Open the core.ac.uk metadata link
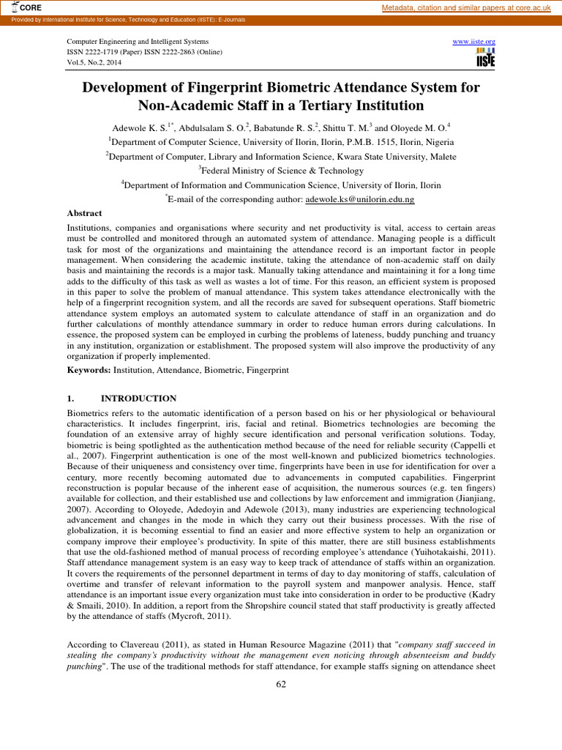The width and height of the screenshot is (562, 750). [469, 7]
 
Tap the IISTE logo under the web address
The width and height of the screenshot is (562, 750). [485, 59]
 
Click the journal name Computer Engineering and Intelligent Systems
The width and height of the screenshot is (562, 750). [138, 42]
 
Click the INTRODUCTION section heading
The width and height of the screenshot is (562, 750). [138, 398]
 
